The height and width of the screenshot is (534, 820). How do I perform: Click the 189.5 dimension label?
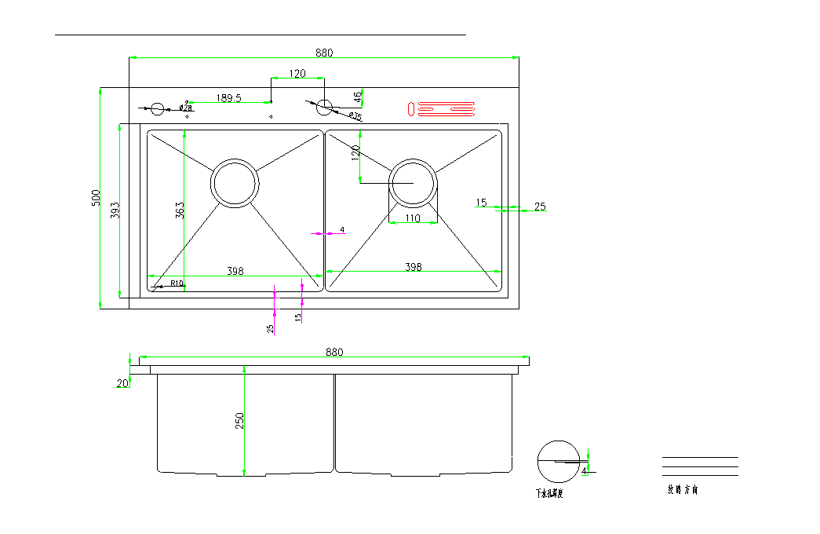pos(228,98)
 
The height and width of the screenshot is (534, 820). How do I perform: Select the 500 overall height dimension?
pos(97,197)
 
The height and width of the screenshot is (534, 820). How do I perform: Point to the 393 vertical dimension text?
pos(115,210)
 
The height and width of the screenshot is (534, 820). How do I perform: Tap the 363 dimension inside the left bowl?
pos(180,210)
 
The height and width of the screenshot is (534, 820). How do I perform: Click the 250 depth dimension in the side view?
pos(240,421)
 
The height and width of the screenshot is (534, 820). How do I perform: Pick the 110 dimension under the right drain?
pos(413,218)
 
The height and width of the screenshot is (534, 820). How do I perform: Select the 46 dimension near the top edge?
pos(358,97)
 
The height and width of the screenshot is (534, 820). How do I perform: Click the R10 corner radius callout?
pos(176,283)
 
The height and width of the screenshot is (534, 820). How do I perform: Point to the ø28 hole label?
pos(187,107)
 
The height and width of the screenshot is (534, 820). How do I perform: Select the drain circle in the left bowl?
pos(234,183)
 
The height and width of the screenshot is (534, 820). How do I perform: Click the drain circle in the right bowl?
pos(413,183)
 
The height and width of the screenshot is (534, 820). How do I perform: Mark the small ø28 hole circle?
pos(157,108)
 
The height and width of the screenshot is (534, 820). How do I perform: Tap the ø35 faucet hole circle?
pos(325,107)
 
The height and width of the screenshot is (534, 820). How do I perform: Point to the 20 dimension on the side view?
pos(122,383)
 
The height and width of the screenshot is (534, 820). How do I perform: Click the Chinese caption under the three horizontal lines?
pos(682,490)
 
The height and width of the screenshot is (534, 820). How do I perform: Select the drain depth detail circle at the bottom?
pos(558,461)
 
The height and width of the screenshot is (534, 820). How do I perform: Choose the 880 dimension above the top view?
pos(324,53)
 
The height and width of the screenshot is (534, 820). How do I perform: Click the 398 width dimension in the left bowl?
pos(235,271)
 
